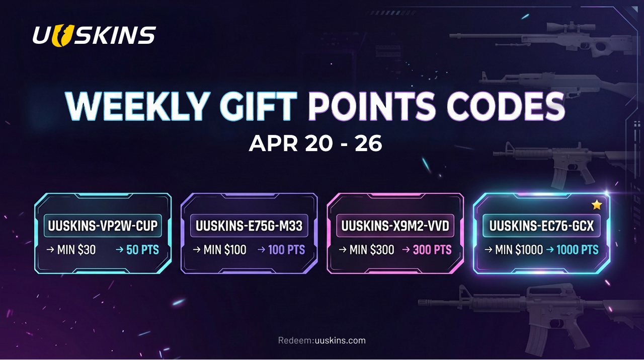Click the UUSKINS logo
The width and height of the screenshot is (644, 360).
tap(94, 35)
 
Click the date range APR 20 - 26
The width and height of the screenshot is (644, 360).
tap(315, 144)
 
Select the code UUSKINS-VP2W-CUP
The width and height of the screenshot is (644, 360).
tap(103, 227)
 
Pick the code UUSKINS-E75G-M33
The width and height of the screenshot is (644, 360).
tap(249, 227)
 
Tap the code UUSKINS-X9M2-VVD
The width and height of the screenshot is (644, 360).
tap(395, 227)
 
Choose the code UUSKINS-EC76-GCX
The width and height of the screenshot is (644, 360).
tap(541, 227)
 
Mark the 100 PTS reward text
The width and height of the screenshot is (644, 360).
tap(286, 250)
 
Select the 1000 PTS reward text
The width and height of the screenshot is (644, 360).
tap(577, 250)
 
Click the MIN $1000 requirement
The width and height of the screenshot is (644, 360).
tap(518, 250)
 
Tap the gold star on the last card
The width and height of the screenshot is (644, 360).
tap(597, 205)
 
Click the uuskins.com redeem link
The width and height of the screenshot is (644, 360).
tap(340, 341)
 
